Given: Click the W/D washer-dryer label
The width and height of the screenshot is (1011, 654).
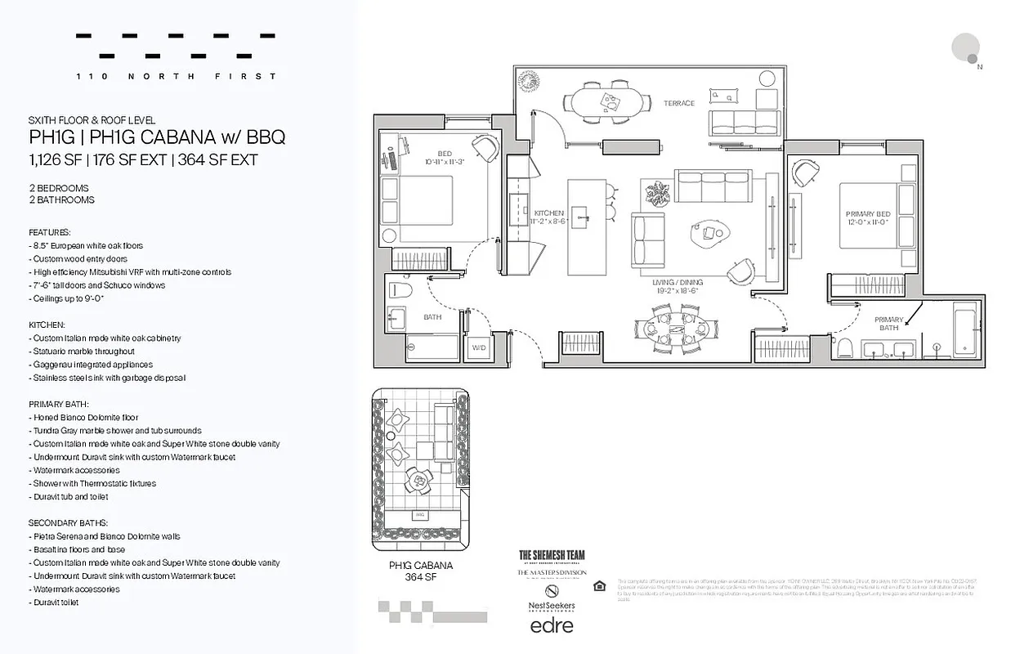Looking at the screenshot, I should (477, 347).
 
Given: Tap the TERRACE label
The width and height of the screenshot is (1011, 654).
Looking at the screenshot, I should (678, 103).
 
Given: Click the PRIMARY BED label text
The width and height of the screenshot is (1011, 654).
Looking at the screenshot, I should (867, 217).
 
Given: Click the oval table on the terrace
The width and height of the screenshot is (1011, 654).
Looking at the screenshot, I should (606, 101).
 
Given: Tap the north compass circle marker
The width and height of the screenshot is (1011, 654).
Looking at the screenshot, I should (966, 47).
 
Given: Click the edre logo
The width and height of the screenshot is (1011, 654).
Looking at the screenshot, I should (552, 626).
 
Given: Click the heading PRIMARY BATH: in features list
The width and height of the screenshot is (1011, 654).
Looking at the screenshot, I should (58, 404).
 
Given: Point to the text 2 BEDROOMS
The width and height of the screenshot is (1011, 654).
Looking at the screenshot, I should (58, 188).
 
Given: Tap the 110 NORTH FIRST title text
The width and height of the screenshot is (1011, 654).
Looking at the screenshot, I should (176, 76).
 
